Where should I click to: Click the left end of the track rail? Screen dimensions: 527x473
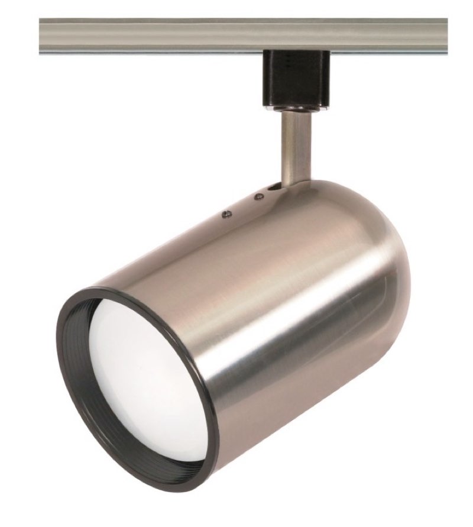coord(43,35)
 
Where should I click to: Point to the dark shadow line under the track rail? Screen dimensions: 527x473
coord(177,54)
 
